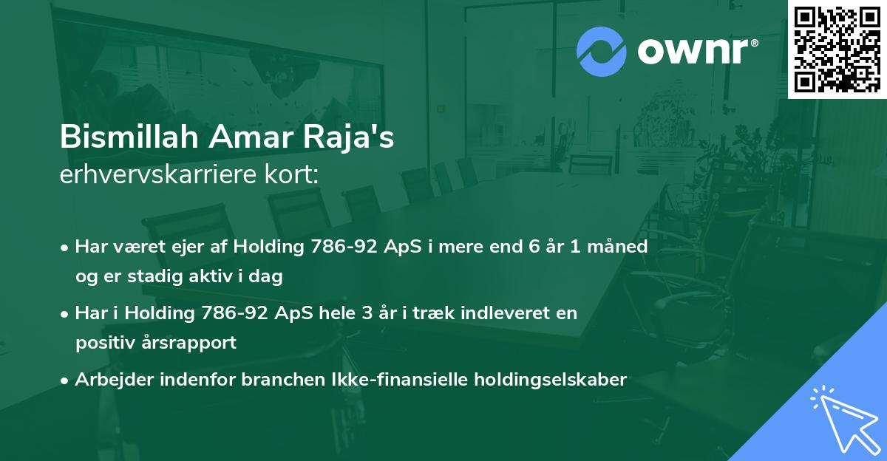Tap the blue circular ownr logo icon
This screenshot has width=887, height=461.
point(601,50)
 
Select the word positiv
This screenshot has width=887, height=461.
point(103,344)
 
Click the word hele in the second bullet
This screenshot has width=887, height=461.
point(355,313)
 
